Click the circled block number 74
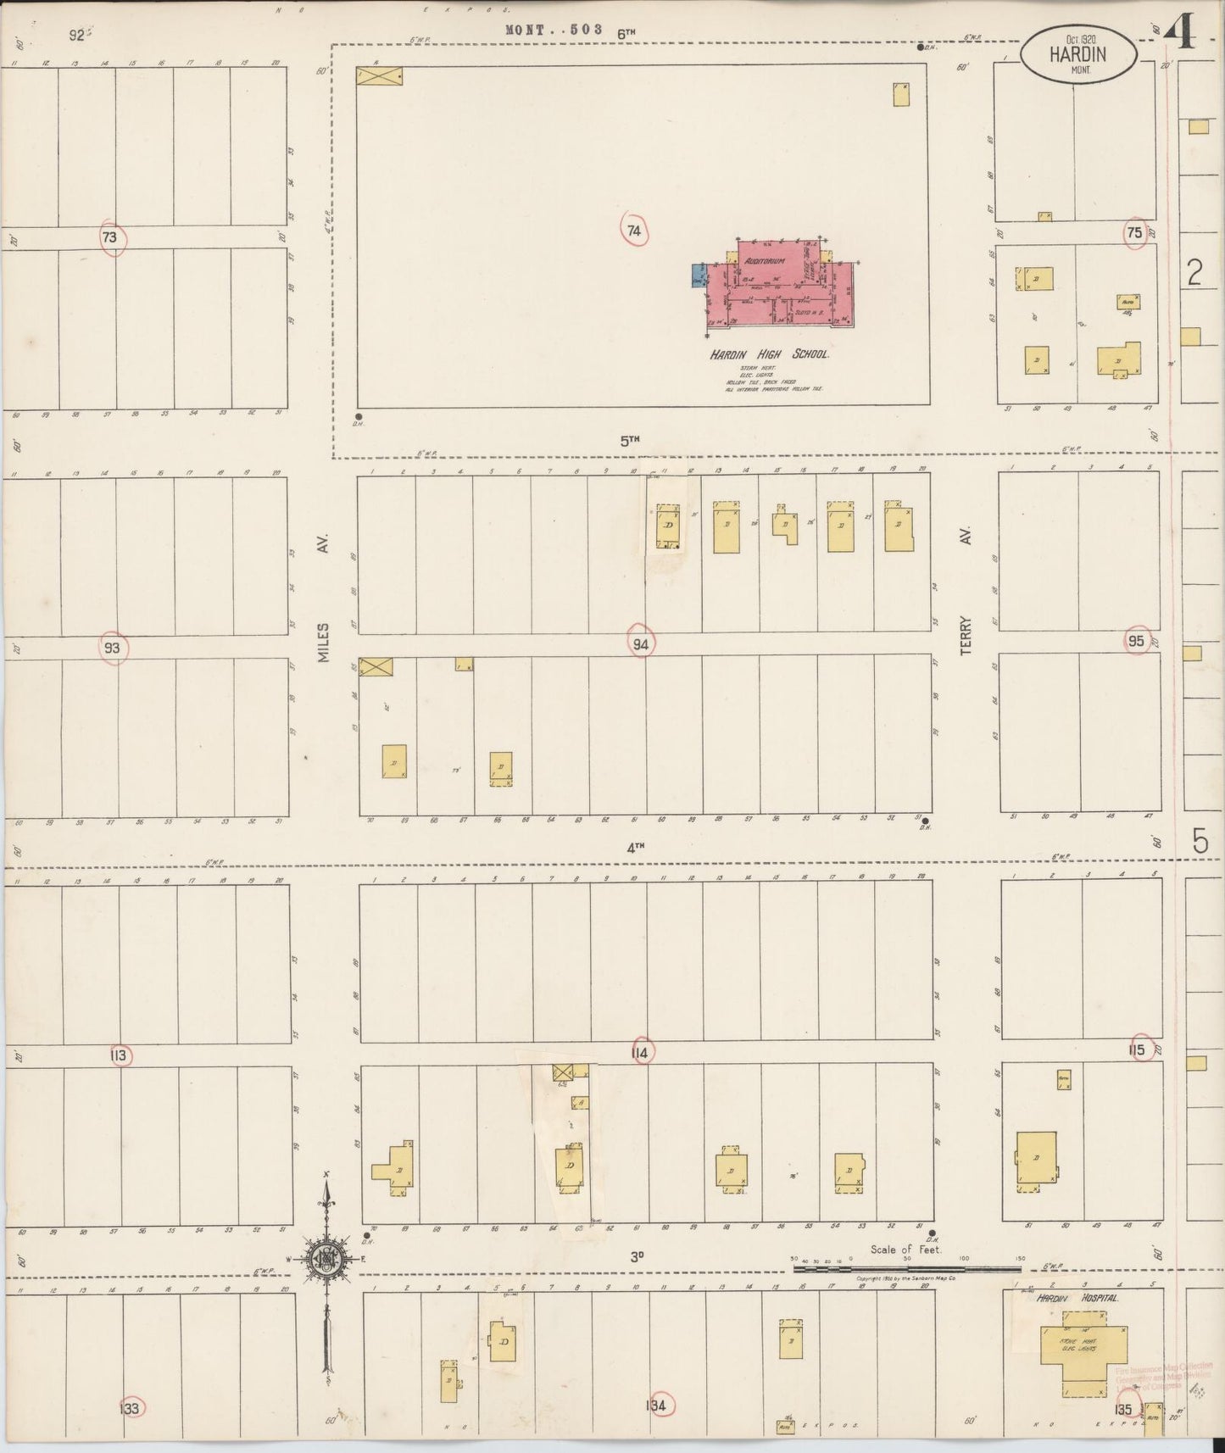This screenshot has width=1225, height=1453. (633, 231)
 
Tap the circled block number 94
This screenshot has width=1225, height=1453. (641, 644)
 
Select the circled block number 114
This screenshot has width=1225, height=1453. (640, 1053)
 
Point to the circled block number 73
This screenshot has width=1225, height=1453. (109, 238)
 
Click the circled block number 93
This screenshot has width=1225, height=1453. (112, 649)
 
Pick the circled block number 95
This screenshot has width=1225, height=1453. (1137, 641)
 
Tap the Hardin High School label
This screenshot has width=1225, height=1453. (769, 354)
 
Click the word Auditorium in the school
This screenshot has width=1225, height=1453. (762, 261)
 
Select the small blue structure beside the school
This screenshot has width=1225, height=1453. (699, 276)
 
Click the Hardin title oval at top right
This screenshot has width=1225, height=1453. (1077, 55)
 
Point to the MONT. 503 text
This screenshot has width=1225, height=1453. (554, 30)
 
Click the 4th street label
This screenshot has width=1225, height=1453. (636, 846)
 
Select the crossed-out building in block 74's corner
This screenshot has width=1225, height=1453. (379, 76)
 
